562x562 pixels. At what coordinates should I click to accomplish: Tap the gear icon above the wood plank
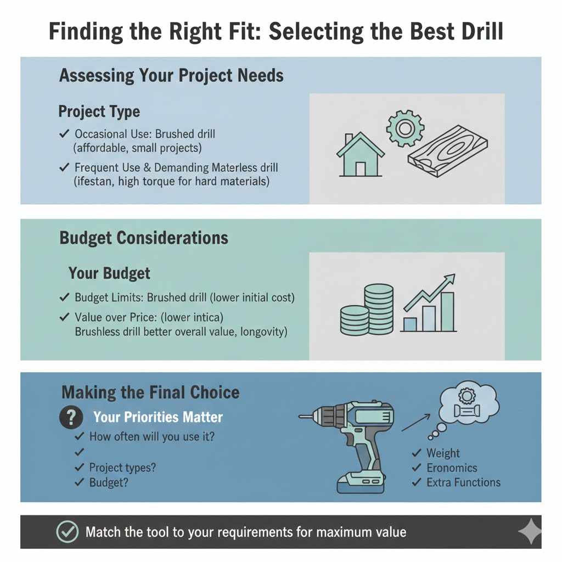coord(405,128)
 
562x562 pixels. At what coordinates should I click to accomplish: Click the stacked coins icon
coord(367,310)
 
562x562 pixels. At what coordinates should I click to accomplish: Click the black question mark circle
coord(70,418)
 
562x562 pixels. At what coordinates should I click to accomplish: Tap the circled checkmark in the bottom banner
coord(68,532)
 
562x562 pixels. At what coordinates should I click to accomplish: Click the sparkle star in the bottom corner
coord(530,532)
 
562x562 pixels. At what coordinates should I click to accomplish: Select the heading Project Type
coord(99,112)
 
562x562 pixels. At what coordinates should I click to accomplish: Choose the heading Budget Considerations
coord(144,238)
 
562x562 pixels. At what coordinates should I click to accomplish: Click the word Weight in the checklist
coord(443,453)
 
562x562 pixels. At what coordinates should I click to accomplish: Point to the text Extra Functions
coord(464,482)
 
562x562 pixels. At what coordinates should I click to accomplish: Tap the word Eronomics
coord(452,468)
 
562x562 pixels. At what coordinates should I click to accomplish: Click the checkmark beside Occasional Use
coord(64,134)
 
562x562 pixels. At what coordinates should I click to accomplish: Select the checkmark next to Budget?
coord(80,482)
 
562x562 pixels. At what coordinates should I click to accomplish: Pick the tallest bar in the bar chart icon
coord(447,311)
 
